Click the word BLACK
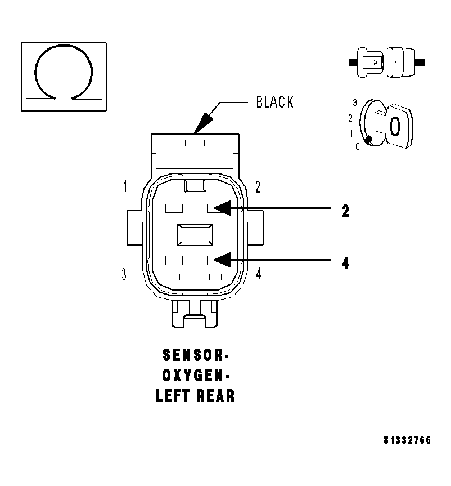tap(274, 102)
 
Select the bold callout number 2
tap(346, 211)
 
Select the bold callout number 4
tap(346, 263)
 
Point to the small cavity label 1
tap(125, 187)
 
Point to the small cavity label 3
tap(124, 274)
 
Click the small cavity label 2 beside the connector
tap(258, 187)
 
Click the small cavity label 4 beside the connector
tap(258, 274)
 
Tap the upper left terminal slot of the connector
tap(174, 208)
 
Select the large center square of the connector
tap(195, 234)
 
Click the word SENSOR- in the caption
tap(195, 356)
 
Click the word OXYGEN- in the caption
tap(195, 376)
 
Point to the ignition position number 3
tap(355, 102)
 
